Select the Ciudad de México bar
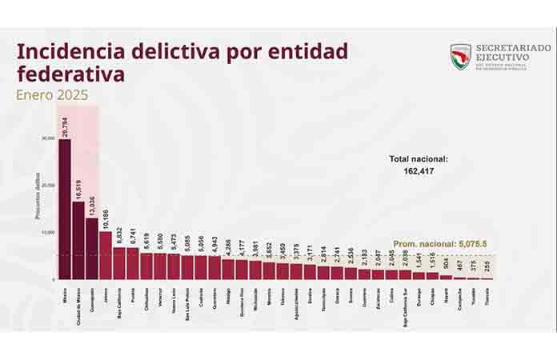tap(78, 240)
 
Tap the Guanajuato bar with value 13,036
tap(91, 249)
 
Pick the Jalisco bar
tap(105, 255)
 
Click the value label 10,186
tap(106, 218)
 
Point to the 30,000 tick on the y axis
tap(47, 138)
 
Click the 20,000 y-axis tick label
tap(47, 186)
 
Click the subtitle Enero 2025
tap(53, 94)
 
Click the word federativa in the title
tap(70, 74)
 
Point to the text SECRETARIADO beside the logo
tap(513, 49)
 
